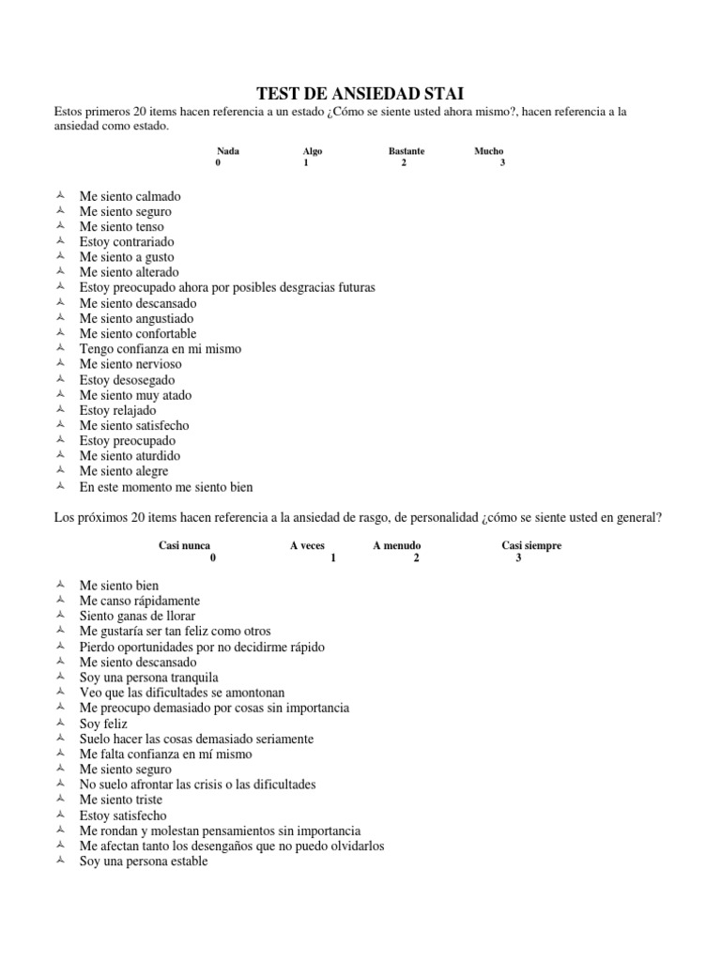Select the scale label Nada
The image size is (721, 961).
point(227,150)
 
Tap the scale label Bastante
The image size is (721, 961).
point(407,150)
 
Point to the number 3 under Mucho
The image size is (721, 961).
point(502,162)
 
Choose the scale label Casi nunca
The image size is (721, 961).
point(185,545)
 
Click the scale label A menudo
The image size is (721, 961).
point(397,545)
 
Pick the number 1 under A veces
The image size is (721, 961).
point(333,557)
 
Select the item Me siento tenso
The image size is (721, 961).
point(121,226)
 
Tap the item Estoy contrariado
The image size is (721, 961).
point(127,241)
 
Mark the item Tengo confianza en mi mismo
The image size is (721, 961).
point(161,348)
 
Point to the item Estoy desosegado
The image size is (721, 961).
point(127,379)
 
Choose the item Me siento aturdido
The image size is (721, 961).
point(130,455)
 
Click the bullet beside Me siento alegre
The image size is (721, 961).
point(60,470)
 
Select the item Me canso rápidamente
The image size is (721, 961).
point(139,601)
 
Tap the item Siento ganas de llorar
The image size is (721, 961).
point(137,616)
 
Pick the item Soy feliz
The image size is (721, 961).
point(103,724)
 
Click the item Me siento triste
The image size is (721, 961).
point(120,800)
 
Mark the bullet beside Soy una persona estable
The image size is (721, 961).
point(60,861)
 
